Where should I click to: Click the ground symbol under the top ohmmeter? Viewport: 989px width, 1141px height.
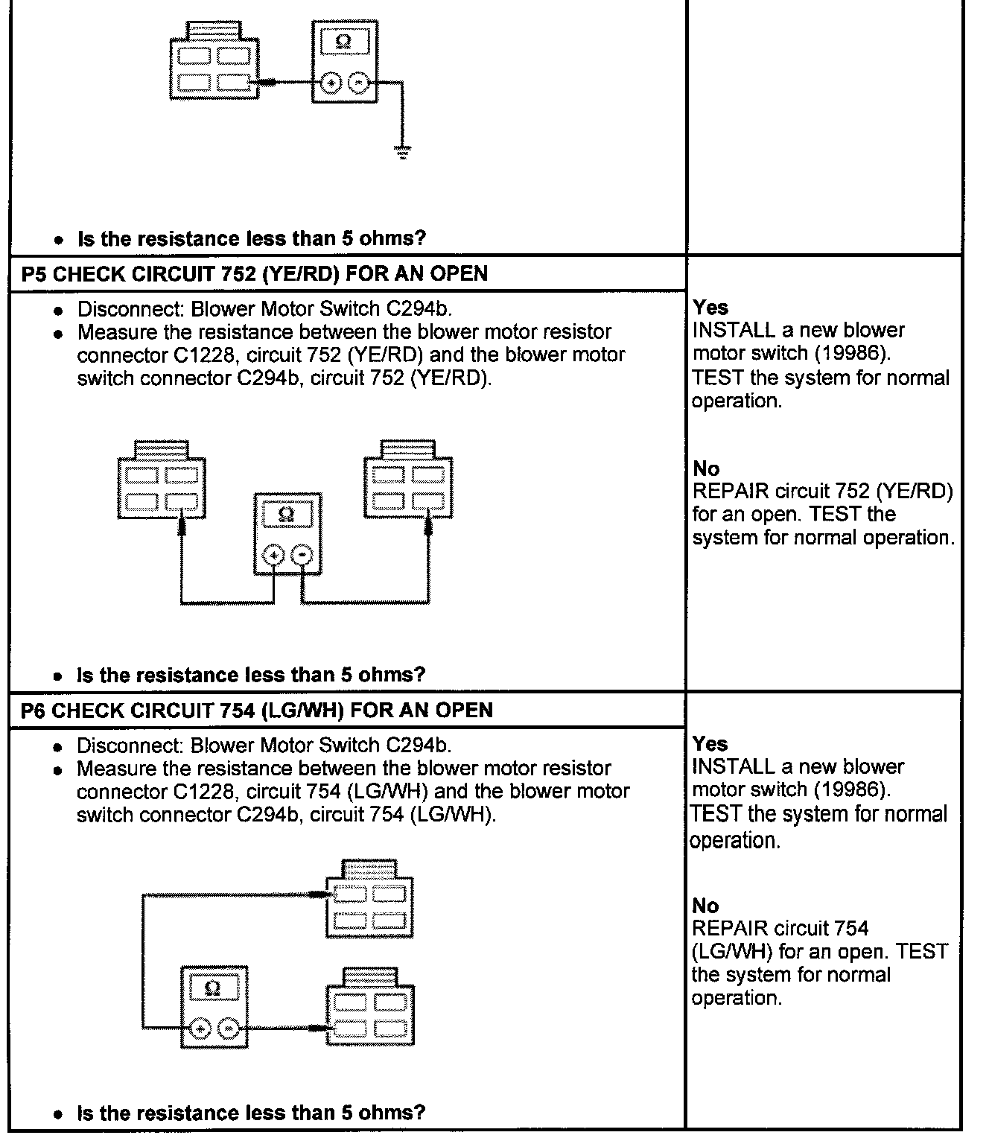click(x=403, y=153)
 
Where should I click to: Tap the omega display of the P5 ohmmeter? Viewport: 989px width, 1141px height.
click(x=287, y=514)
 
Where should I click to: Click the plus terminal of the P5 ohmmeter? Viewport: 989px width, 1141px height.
click(x=274, y=556)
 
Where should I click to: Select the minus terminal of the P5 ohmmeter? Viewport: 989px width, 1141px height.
click(x=302, y=556)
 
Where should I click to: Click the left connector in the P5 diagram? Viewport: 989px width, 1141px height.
click(x=162, y=484)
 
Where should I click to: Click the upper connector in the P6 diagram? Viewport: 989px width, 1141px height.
click(x=370, y=902)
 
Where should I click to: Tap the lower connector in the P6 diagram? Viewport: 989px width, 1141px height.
click(x=370, y=1010)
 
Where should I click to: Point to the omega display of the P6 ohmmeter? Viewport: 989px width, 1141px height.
click(x=213, y=989)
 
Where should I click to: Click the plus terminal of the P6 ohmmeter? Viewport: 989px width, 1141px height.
click(x=200, y=1029)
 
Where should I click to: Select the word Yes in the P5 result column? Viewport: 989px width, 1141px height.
click(x=710, y=307)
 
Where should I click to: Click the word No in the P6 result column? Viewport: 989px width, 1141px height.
click(x=705, y=906)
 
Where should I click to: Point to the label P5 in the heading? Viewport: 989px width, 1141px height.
click(x=34, y=273)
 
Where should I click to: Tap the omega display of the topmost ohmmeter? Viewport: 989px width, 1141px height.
click(x=343, y=42)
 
